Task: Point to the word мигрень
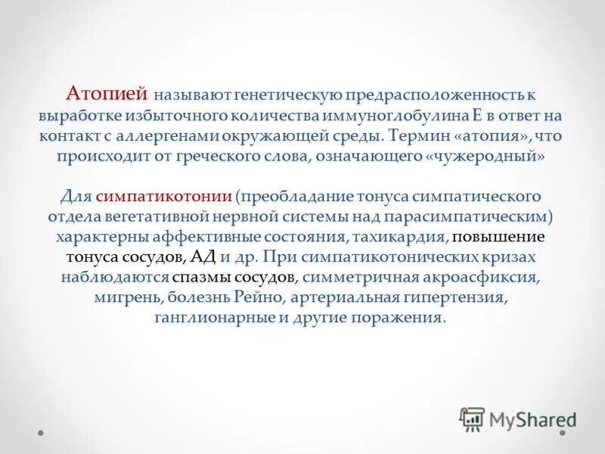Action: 123,297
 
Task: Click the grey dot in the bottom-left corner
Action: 40,434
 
